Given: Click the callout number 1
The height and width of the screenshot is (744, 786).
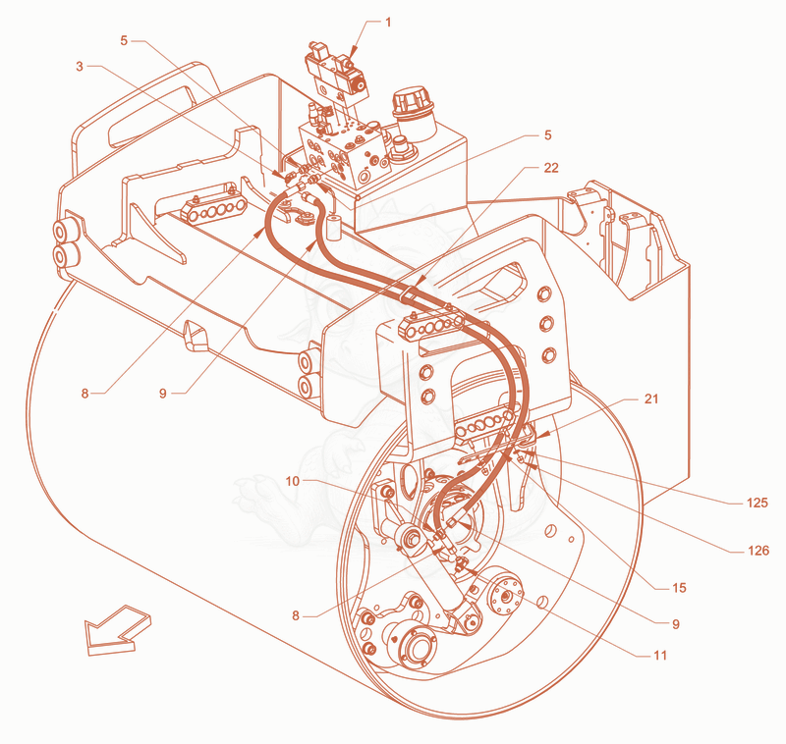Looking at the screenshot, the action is [x=388, y=22].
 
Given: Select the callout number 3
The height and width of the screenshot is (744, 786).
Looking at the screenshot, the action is [x=80, y=66].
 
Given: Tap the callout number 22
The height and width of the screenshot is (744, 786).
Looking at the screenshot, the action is [x=551, y=168].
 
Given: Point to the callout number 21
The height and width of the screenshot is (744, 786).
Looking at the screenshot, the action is [x=650, y=399].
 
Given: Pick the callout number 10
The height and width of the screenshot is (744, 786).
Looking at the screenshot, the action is [x=292, y=481].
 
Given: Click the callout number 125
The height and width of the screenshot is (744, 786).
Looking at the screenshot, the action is [x=757, y=503].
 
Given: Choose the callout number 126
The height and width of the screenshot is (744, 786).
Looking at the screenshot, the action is [x=758, y=551].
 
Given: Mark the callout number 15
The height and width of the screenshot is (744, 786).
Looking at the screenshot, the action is [x=679, y=588].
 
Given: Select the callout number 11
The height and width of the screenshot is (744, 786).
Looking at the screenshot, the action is [x=660, y=656].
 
